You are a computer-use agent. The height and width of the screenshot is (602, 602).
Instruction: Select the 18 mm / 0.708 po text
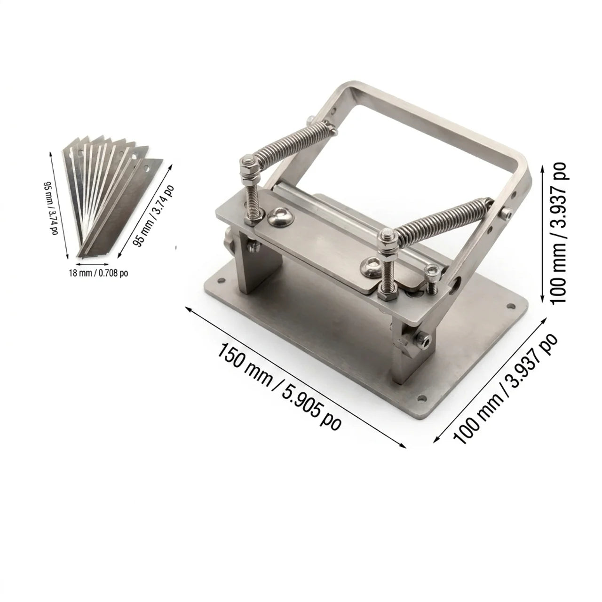tap(98, 273)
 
